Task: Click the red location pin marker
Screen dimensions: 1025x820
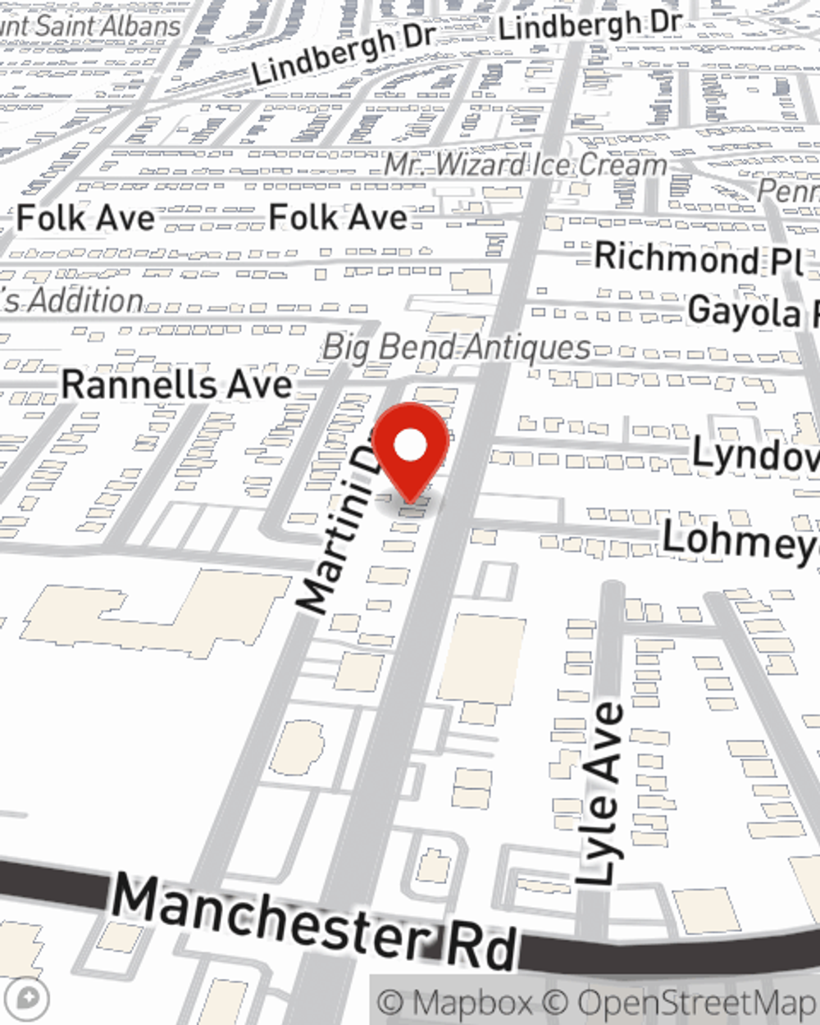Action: [x=411, y=449]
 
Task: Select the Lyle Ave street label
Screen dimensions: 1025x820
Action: [x=601, y=794]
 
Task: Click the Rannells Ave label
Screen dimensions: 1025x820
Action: [x=176, y=385]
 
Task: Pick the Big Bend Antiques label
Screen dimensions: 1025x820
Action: [x=457, y=347]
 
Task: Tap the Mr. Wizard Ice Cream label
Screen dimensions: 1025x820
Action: [x=526, y=165]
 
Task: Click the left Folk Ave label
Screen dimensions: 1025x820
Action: [x=85, y=218]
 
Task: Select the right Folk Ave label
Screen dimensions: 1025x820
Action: [x=338, y=217]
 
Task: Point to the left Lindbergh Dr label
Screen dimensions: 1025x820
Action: [x=343, y=54]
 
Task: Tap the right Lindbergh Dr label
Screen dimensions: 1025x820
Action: [x=589, y=25]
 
